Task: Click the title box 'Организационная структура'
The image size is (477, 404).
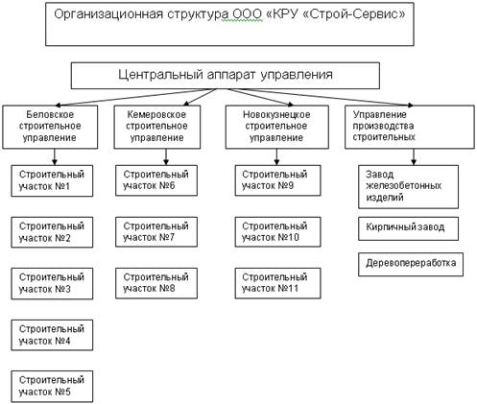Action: [229, 24]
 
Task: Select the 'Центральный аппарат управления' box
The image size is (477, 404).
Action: [226, 76]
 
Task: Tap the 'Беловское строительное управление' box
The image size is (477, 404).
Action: [50, 127]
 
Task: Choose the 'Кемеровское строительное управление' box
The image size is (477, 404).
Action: [157, 127]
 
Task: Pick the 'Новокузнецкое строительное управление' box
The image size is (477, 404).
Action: [277, 127]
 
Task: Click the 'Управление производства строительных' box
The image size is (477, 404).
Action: [410, 127]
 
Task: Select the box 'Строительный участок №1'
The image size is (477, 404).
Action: [52, 180]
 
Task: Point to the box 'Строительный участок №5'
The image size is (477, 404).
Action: [52, 387]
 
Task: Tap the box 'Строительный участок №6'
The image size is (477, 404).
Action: [156, 180]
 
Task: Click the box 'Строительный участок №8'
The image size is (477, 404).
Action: [156, 283]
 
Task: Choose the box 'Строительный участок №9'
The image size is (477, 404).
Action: [277, 180]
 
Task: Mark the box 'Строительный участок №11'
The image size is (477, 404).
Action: [277, 283]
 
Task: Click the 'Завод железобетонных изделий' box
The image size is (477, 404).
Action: [408, 187]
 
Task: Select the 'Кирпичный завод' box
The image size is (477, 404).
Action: [408, 228]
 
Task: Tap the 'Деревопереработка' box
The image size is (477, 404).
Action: [411, 264]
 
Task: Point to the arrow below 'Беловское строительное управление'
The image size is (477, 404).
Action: [55, 157]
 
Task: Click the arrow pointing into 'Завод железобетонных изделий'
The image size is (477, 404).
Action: [414, 157]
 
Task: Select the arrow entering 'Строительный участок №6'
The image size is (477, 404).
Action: [166, 157]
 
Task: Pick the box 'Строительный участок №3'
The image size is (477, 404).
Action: [52, 284]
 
